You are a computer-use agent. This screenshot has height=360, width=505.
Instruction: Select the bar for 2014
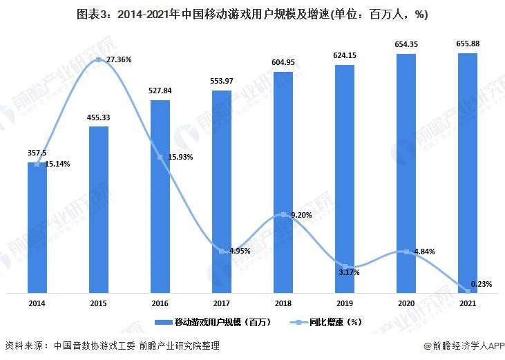coord(37,228)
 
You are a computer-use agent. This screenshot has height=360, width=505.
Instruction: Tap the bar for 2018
coord(283,183)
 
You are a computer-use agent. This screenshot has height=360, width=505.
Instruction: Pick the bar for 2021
coord(468,173)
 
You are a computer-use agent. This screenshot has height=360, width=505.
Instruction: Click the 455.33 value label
coord(99,117)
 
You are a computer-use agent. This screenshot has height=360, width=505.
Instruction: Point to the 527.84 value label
coord(160,91)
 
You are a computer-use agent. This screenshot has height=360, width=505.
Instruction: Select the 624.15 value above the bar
coord(345,55)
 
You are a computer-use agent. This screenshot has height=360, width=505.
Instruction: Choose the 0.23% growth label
coord(482,284)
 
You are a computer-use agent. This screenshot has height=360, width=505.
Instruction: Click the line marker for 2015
coord(99,60)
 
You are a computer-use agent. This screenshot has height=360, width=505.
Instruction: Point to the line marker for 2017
coord(222,251)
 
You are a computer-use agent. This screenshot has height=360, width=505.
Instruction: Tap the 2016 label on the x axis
coord(160,303)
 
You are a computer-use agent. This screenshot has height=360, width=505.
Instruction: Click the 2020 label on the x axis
coord(406,303)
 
